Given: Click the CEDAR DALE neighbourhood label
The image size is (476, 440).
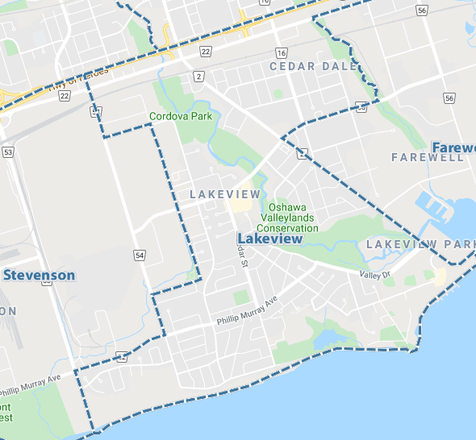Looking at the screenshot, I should click(313, 66).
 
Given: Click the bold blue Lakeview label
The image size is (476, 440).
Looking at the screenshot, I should click(270, 239).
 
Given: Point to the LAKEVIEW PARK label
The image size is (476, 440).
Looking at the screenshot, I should click(420, 244).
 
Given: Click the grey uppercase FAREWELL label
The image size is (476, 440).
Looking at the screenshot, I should click(427, 157).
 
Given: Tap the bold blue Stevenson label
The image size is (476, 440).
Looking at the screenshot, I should click(39, 276).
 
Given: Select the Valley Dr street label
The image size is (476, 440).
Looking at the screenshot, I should click(374, 276).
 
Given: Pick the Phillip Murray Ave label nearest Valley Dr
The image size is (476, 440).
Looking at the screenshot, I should click(246, 310).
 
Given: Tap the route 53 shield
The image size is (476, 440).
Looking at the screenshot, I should click(8, 152).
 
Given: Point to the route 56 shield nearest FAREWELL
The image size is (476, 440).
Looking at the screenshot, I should click(449, 98).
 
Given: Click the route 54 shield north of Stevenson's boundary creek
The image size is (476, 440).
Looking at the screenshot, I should click(139, 255).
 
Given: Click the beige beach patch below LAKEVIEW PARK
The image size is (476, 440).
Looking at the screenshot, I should click(440, 276).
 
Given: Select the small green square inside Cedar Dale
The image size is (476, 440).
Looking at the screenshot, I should click(278, 94).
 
